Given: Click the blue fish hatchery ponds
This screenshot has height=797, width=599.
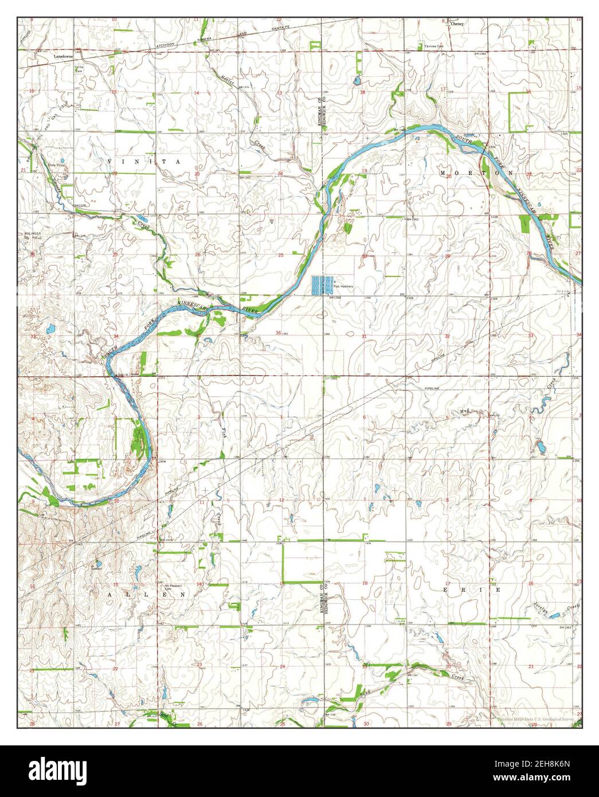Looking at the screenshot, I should pos(322,285).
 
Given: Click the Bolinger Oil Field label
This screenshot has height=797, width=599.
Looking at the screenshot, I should pos(33,236).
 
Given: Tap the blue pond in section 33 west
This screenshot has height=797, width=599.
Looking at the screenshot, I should pos(49,329).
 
